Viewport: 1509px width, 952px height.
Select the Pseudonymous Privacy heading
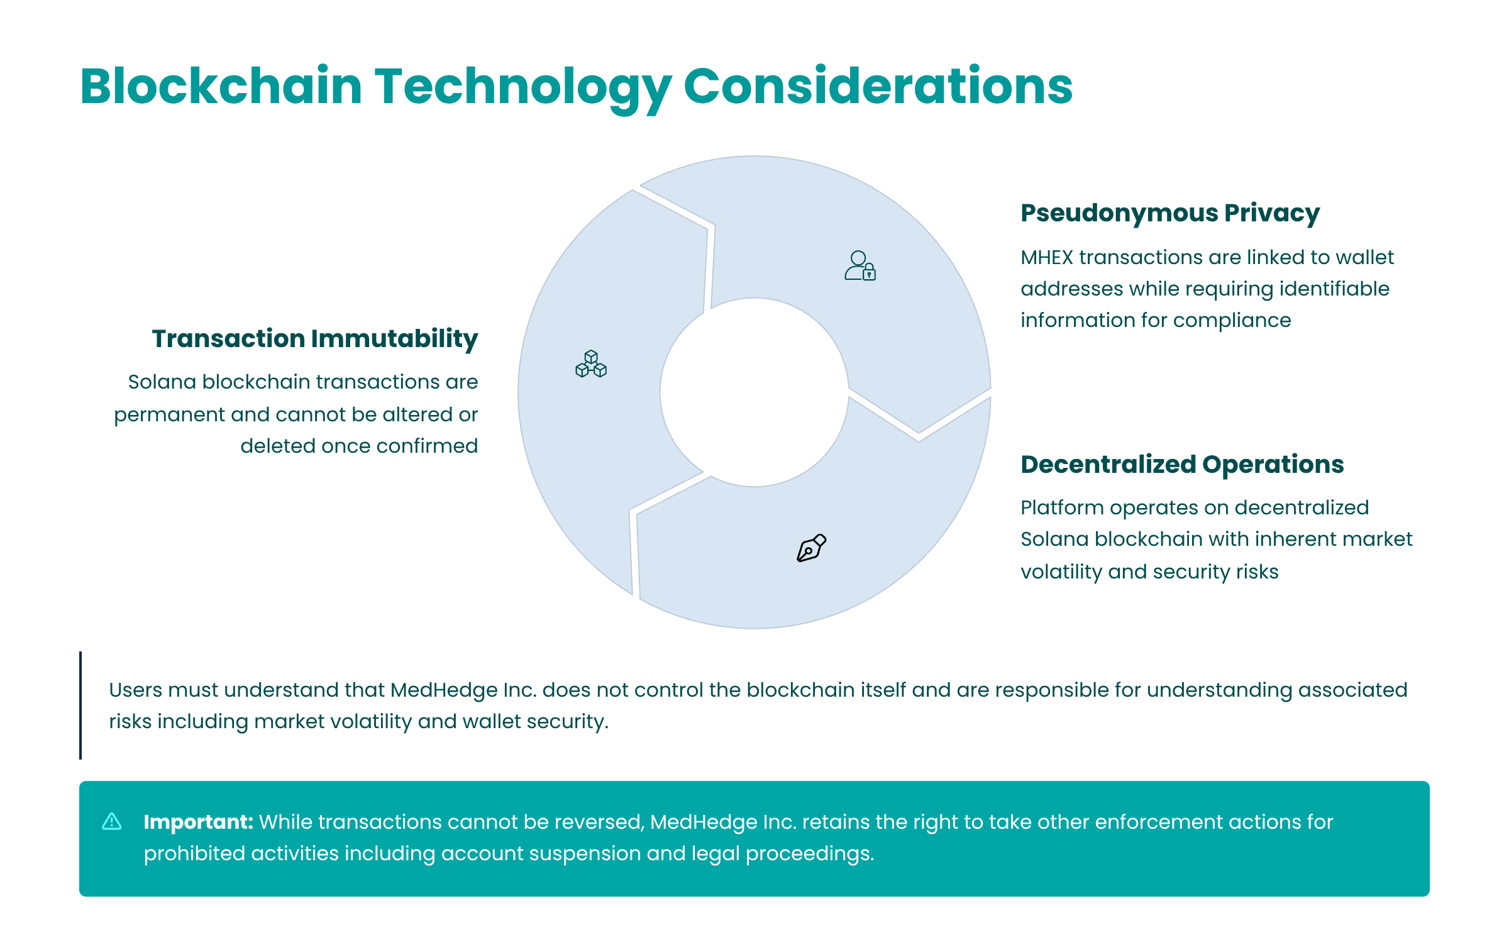(1169, 213)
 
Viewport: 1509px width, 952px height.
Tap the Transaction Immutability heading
(315, 339)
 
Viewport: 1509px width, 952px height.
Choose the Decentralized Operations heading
(1182, 464)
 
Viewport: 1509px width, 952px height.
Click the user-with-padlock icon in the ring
(860, 265)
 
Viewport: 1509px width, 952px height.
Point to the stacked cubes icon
(591, 363)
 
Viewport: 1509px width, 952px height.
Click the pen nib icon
(812, 548)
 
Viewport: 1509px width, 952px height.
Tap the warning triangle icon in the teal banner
(112, 821)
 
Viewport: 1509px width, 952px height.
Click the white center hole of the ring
(754, 392)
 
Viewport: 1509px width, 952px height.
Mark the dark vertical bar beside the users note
(80, 706)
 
